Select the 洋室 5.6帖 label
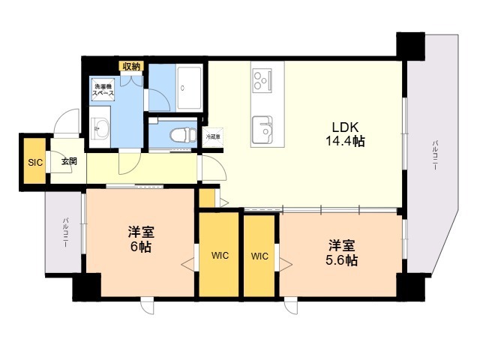pos(341,253)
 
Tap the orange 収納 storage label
pos(131,66)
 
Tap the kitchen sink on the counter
pos(262,129)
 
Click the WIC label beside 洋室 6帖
pos(219,255)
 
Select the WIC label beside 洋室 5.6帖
pos(259,255)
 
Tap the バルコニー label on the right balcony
pos(434,157)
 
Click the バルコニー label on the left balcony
pos(66,232)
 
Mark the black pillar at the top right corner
pos(410,46)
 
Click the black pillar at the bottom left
pos(86,287)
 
